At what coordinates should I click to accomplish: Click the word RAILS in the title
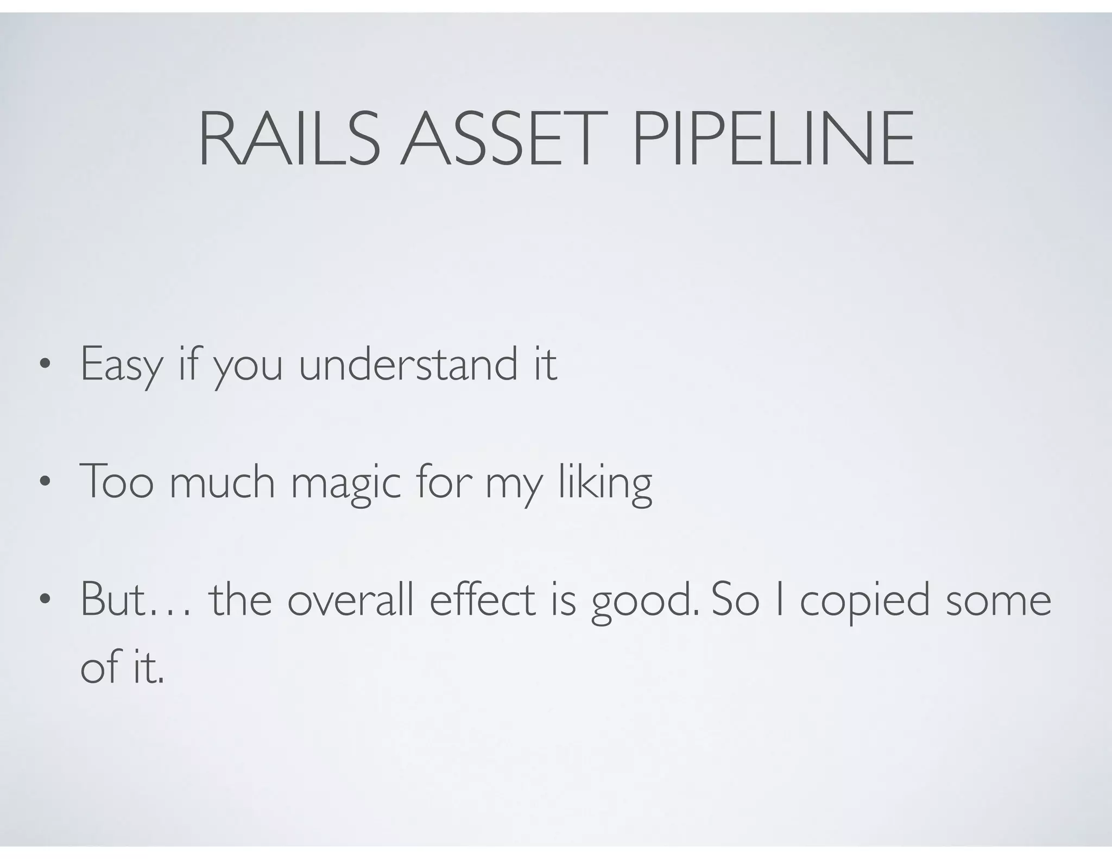click(289, 139)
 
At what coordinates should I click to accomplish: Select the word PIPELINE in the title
click(773, 139)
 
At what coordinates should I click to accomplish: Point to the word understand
click(408, 363)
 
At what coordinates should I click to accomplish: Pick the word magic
click(345, 483)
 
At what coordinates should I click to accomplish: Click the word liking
click(605, 483)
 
